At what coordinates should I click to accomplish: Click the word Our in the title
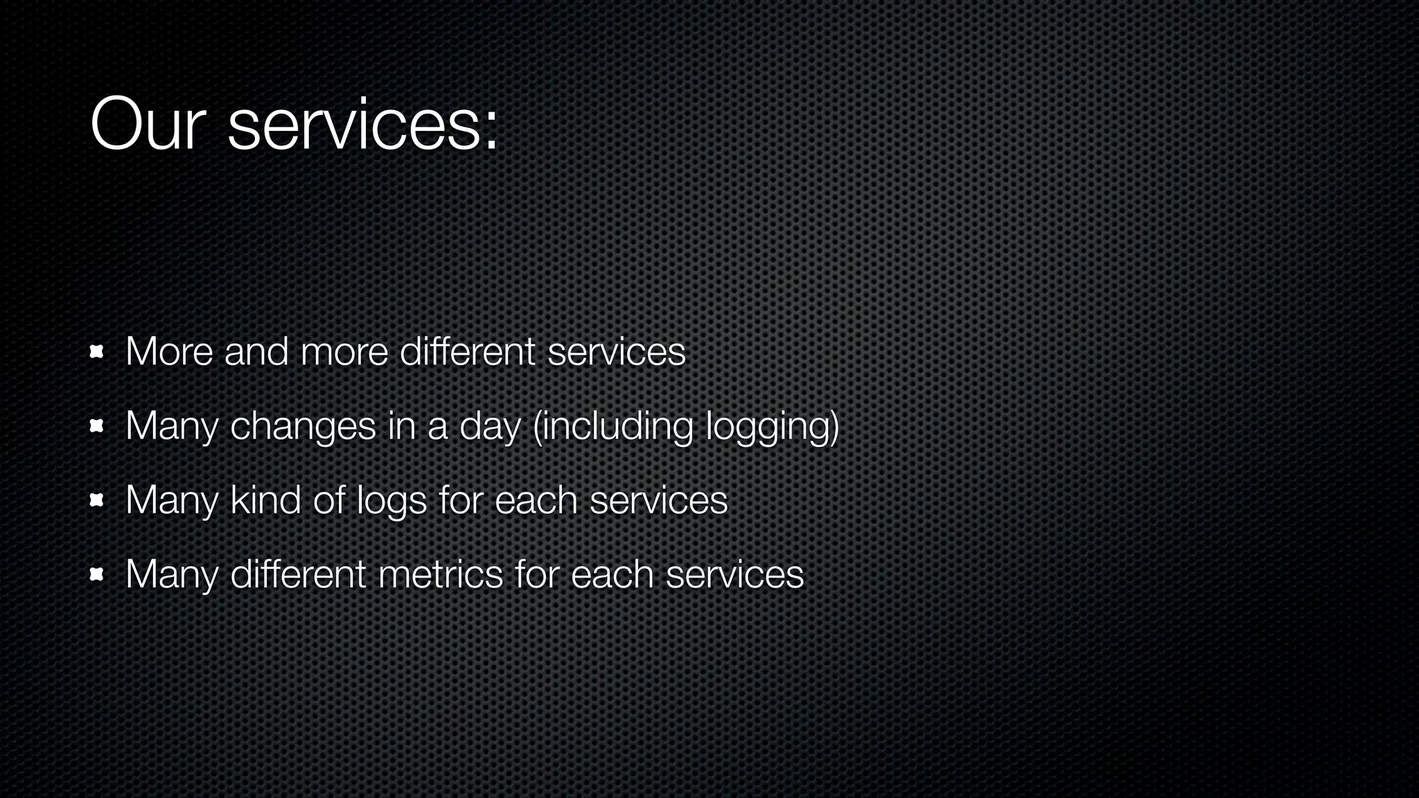click(x=148, y=125)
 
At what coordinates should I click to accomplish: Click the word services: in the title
click(x=362, y=125)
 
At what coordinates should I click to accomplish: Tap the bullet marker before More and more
click(x=97, y=353)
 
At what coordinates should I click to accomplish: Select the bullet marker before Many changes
click(x=97, y=427)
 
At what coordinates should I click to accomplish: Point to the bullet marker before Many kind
click(x=97, y=501)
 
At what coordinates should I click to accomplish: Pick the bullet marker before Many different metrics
click(x=97, y=575)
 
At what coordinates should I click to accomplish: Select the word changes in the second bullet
click(x=303, y=427)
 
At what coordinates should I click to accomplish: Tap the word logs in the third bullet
click(x=391, y=502)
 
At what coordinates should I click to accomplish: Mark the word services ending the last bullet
click(x=734, y=574)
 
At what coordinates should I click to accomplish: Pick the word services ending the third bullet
click(x=658, y=500)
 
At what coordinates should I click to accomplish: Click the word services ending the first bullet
click(x=616, y=352)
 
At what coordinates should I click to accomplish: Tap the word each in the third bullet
click(x=536, y=500)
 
